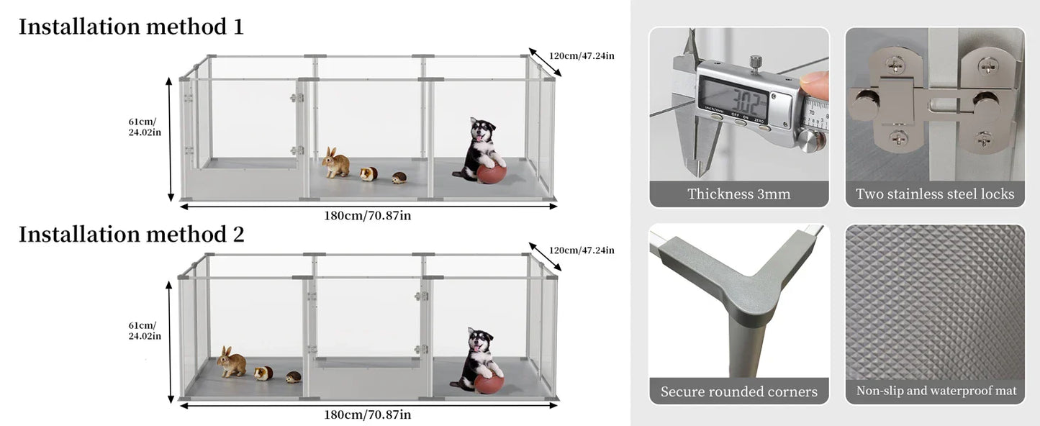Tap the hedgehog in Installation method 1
click(x=399, y=177)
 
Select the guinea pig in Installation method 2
click(x=263, y=373)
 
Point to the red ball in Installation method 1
click(x=491, y=173)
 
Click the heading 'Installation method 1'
click(x=131, y=27)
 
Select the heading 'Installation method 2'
click(x=131, y=234)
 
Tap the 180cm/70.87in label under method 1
click(x=367, y=214)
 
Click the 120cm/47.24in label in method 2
click(x=582, y=250)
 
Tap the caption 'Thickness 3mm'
click(x=738, y=194)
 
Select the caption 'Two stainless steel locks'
click(x=934, y=194)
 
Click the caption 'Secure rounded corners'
click(x=738, y=391)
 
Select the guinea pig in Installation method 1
click(x=369, y=173)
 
